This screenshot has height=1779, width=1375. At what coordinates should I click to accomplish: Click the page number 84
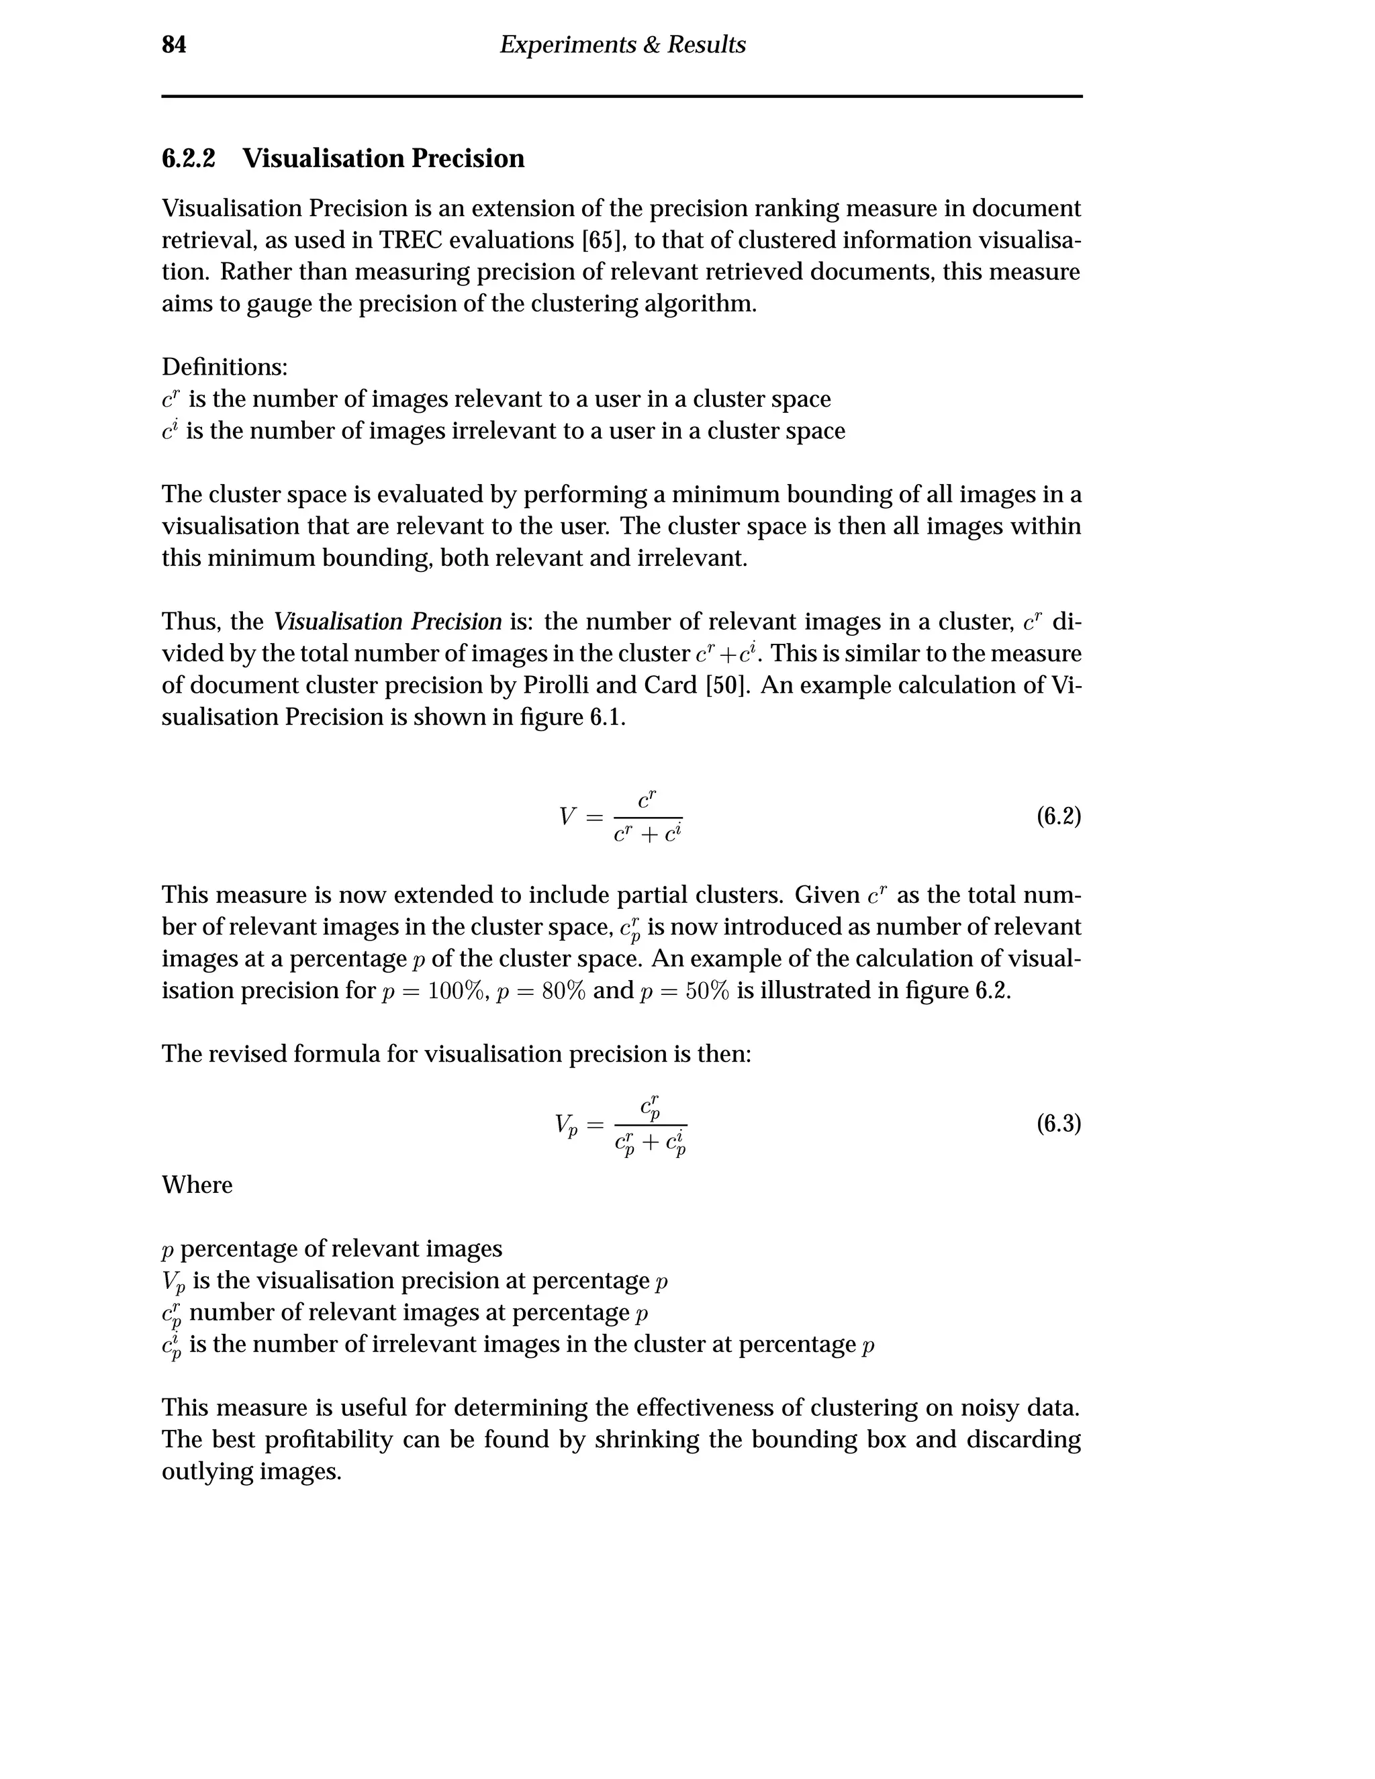[x=173, y=45]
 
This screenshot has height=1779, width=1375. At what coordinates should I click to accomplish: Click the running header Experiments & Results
[x=622, y=45]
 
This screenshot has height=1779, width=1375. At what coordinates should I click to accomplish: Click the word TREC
[x=410, y=240]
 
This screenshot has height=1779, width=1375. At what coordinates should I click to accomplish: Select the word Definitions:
[x=225, y=367]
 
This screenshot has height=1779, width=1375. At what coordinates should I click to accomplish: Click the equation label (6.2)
[x=1058, y=816]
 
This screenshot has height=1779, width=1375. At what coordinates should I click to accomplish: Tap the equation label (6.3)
[x=1058, y=1124]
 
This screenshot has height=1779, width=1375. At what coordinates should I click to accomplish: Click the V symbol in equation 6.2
[x=568, y=816]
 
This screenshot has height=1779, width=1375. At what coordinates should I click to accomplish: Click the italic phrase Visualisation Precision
[x=388, y=622]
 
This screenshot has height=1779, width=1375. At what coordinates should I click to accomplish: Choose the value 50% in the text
[x=707, y=992]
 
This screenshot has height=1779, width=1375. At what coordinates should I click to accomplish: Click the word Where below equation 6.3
[x=197, y=1185]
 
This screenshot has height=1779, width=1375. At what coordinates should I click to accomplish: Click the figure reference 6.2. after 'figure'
[x=992, y=992]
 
